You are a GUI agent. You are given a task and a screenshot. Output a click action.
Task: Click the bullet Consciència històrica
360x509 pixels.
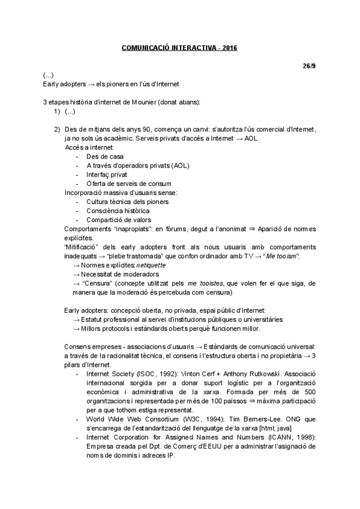[118, 211]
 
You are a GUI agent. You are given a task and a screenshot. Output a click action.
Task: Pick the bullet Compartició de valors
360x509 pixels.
[116, 220]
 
